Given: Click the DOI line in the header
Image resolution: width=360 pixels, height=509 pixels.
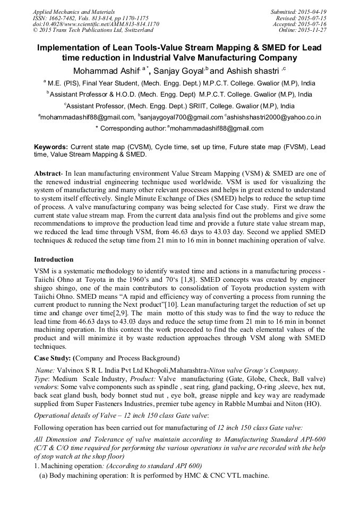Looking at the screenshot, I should coord(96,24).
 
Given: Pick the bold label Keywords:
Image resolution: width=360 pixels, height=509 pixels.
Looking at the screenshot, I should coord(51,146).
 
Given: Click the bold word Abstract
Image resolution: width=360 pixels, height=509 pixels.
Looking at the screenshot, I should coord(47,174).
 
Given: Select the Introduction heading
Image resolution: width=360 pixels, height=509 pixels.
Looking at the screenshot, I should coord(54,260).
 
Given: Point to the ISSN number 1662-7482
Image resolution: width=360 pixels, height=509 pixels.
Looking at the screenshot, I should coord(67,18).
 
